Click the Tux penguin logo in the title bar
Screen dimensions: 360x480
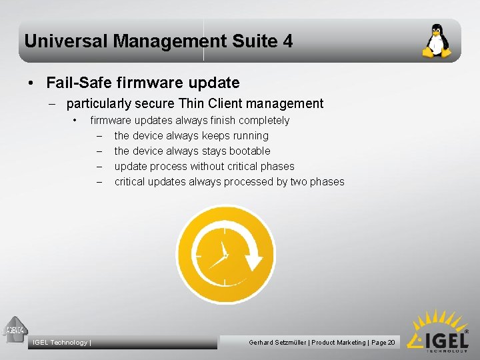click(436, 41)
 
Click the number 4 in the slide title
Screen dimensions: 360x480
click(287, 41)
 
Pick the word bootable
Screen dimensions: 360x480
click(249, 151)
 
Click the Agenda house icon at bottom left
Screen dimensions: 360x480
click(14, 328)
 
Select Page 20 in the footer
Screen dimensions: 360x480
click(383, 343)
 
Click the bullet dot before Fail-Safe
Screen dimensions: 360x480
click(31, 84)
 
